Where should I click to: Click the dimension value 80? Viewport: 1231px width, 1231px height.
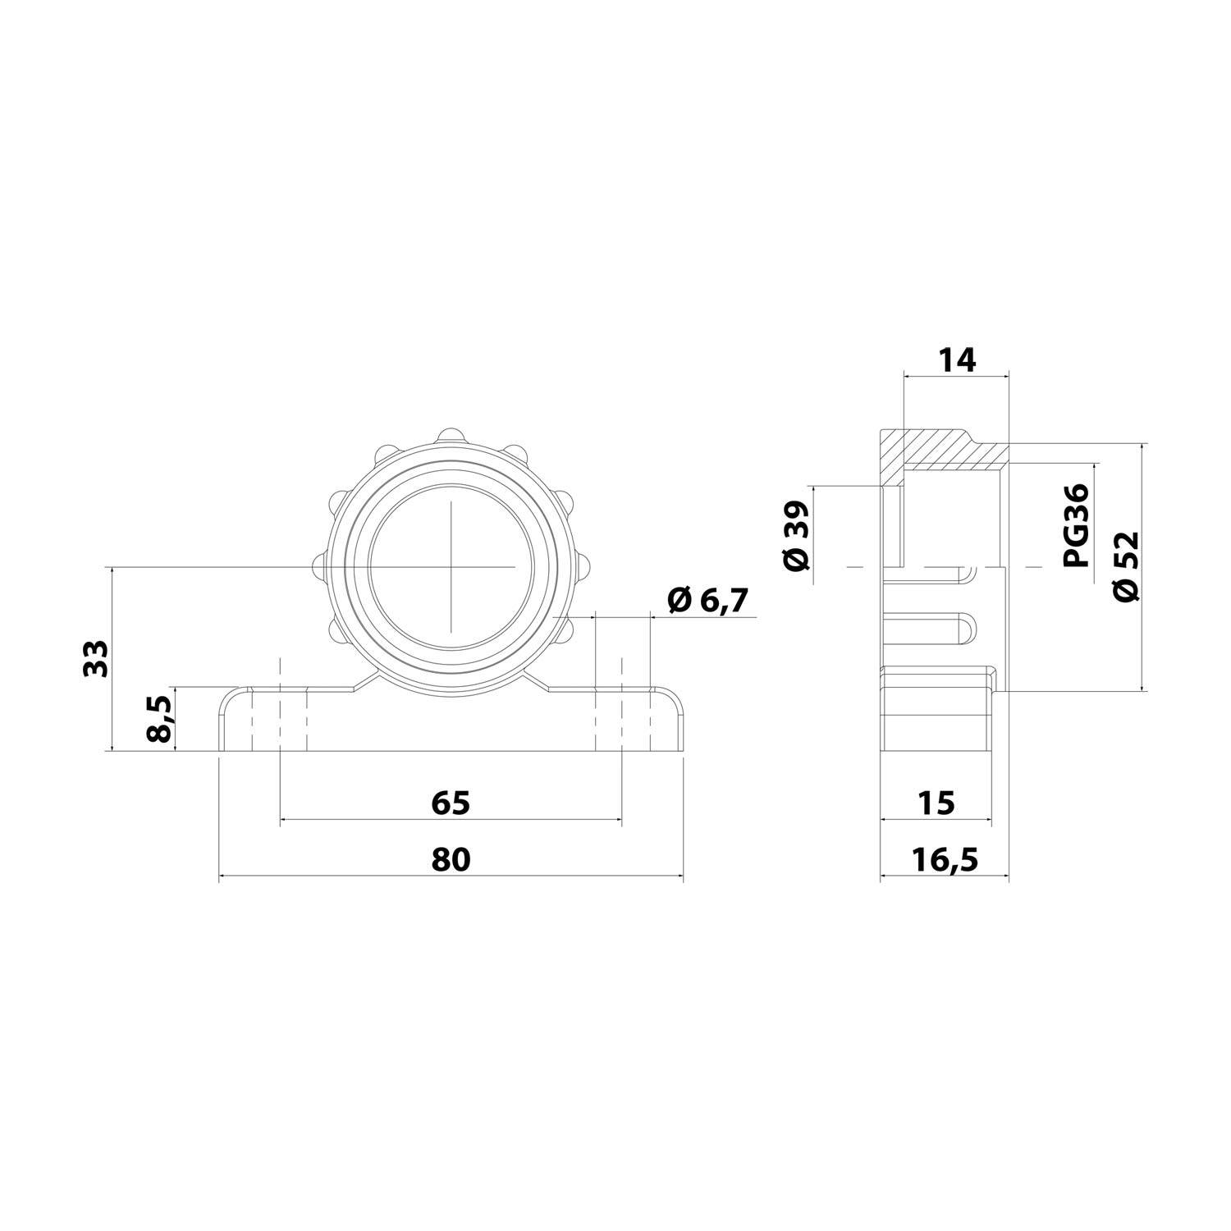(451, 859)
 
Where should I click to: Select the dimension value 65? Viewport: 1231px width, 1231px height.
(451, 802)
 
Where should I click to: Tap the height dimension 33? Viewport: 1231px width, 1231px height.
(96, 657)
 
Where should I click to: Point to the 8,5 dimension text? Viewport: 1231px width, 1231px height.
(161, 718)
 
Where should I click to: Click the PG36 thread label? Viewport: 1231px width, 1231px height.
(1075, 525)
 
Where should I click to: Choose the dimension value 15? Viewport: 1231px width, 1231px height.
(936, 802)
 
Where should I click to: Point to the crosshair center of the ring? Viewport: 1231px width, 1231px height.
(451, 566)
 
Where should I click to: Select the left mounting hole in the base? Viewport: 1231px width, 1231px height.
(280, 720)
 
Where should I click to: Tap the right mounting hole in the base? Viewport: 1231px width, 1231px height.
(621, 720)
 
